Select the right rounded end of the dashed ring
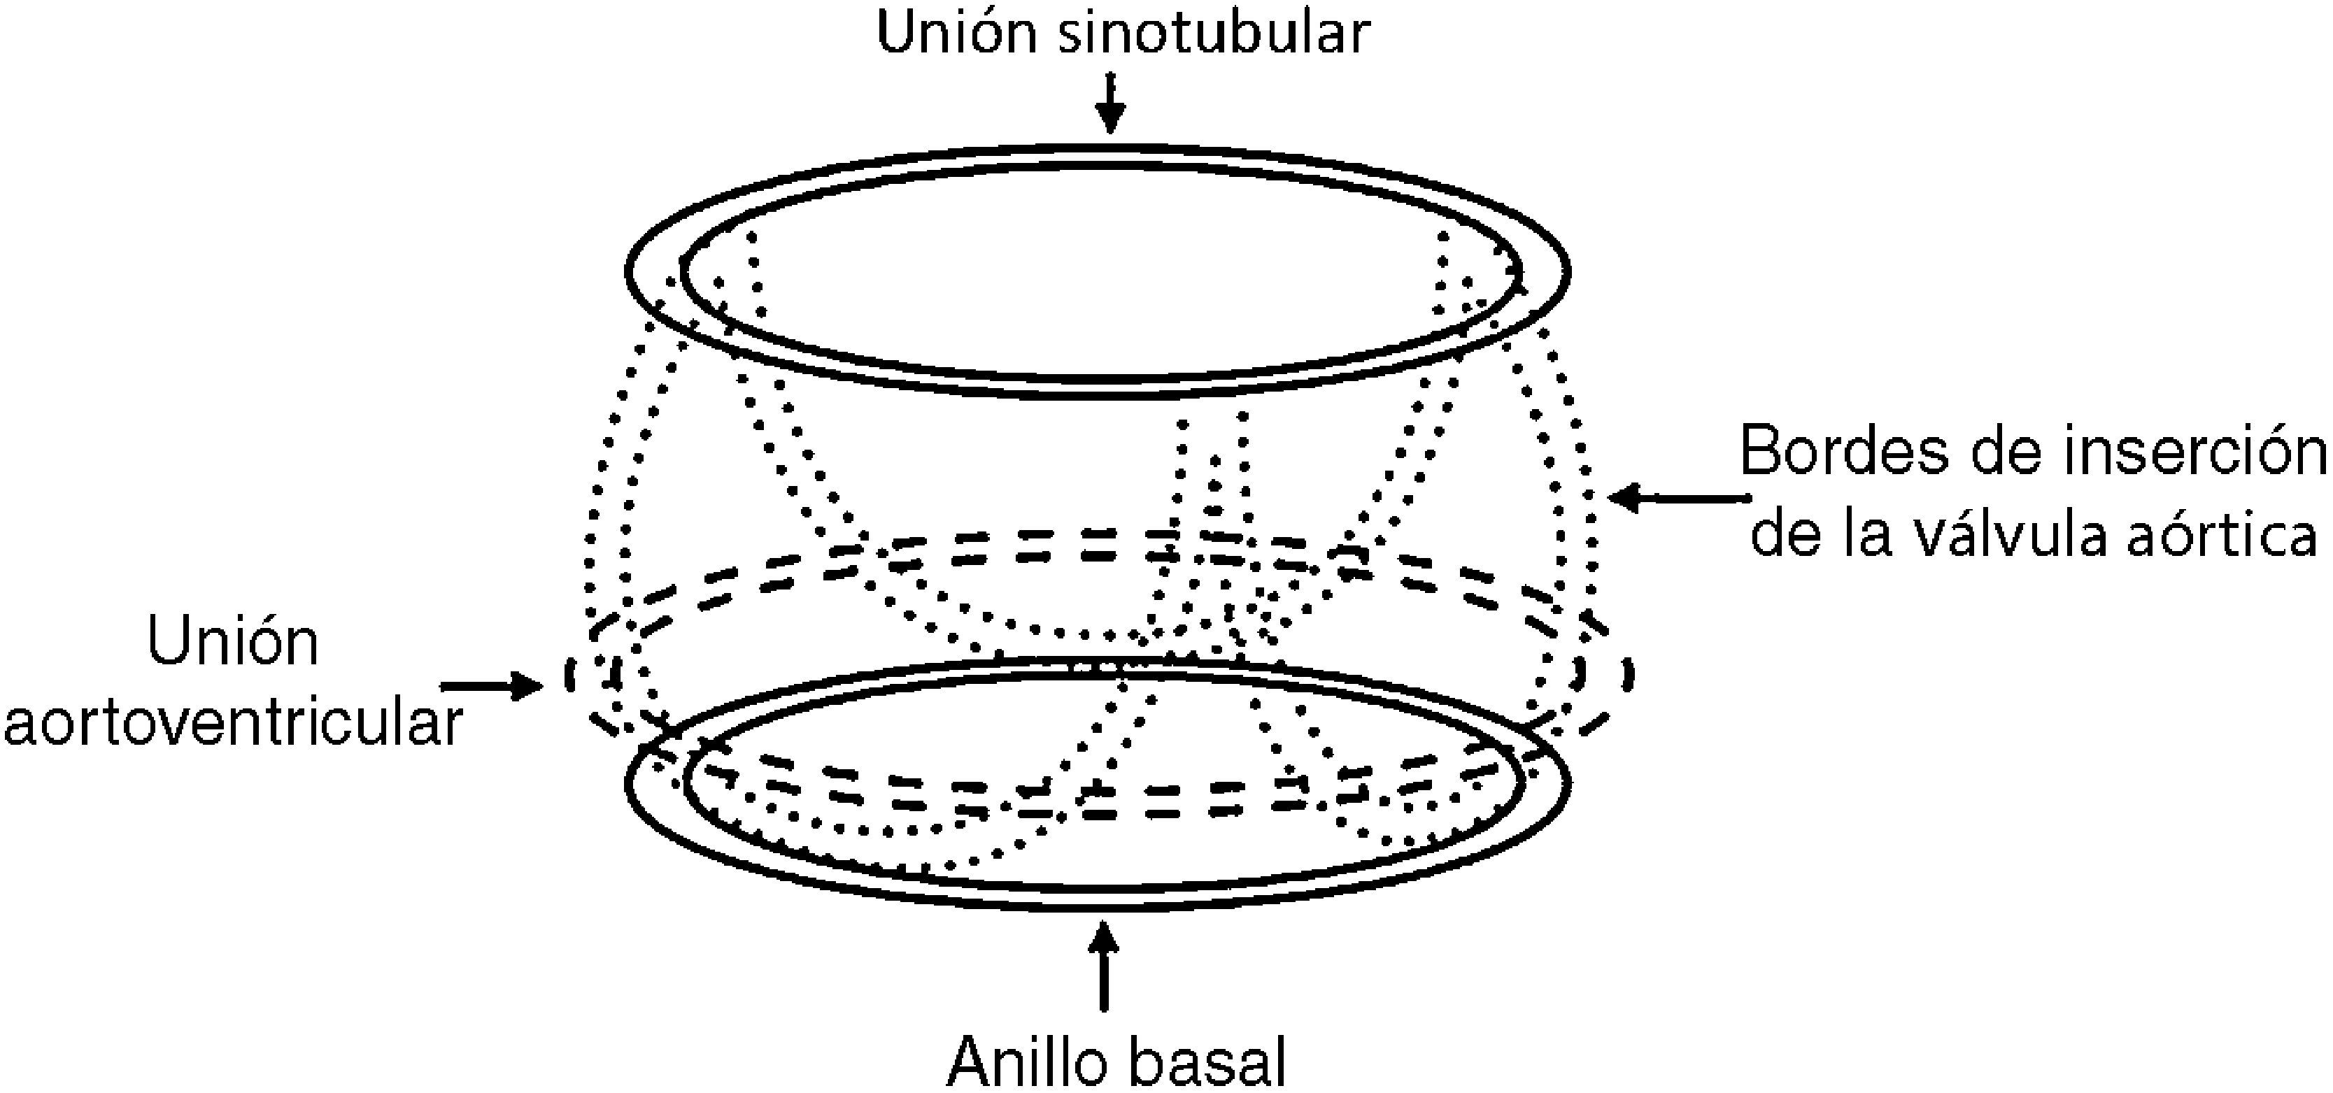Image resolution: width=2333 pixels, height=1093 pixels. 1629,675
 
